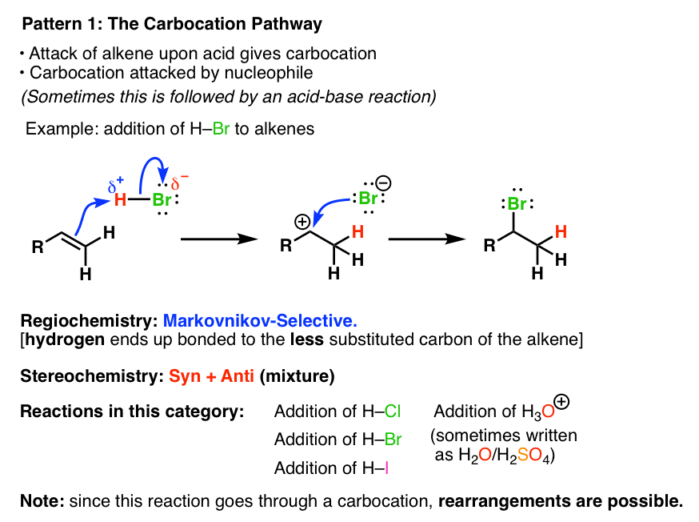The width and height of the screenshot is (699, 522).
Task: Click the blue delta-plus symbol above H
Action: coord(116,184)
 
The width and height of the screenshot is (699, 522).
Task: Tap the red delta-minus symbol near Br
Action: coord(180,182)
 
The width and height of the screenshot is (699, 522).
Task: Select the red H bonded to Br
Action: coord(120,200)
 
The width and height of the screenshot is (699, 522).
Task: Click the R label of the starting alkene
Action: coord(38,247)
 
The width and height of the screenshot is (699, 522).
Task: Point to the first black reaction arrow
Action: coord(219,239)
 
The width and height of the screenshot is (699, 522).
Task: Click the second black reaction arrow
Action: coord(427,239)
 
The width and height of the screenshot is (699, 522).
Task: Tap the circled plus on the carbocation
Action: coord(302,222)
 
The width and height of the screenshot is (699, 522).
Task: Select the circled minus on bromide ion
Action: coord(383,183)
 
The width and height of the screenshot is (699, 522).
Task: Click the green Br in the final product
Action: coord(517,204)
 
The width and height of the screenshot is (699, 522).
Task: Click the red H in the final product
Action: coord(561,231)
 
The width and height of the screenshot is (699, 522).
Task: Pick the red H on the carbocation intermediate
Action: coord(357,231)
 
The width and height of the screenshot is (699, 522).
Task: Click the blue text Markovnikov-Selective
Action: coord(261,320)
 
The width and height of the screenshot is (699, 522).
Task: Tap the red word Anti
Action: coord(238,376)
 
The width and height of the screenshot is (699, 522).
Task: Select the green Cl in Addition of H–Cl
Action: coord(393,412)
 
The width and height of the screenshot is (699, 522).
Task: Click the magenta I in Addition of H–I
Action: coord(386,468)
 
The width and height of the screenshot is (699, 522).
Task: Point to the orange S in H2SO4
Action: coord(523,455)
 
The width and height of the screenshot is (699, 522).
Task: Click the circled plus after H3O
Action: coord(562,402)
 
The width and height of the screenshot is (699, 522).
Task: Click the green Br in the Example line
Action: coord(221,129)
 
